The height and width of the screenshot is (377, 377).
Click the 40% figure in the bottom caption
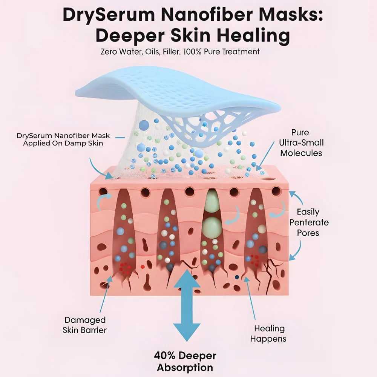pyautogui.click(x=165, y=356)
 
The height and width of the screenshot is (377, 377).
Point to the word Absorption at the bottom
pyautogui.click(x=185, y=368)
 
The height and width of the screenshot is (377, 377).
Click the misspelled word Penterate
pyautogui.click(x=309, y=222)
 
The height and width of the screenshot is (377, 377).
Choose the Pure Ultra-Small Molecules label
pyautogui.click(x=301, y=143)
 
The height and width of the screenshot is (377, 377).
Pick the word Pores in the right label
pyautogui.click(x=308, y=233)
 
